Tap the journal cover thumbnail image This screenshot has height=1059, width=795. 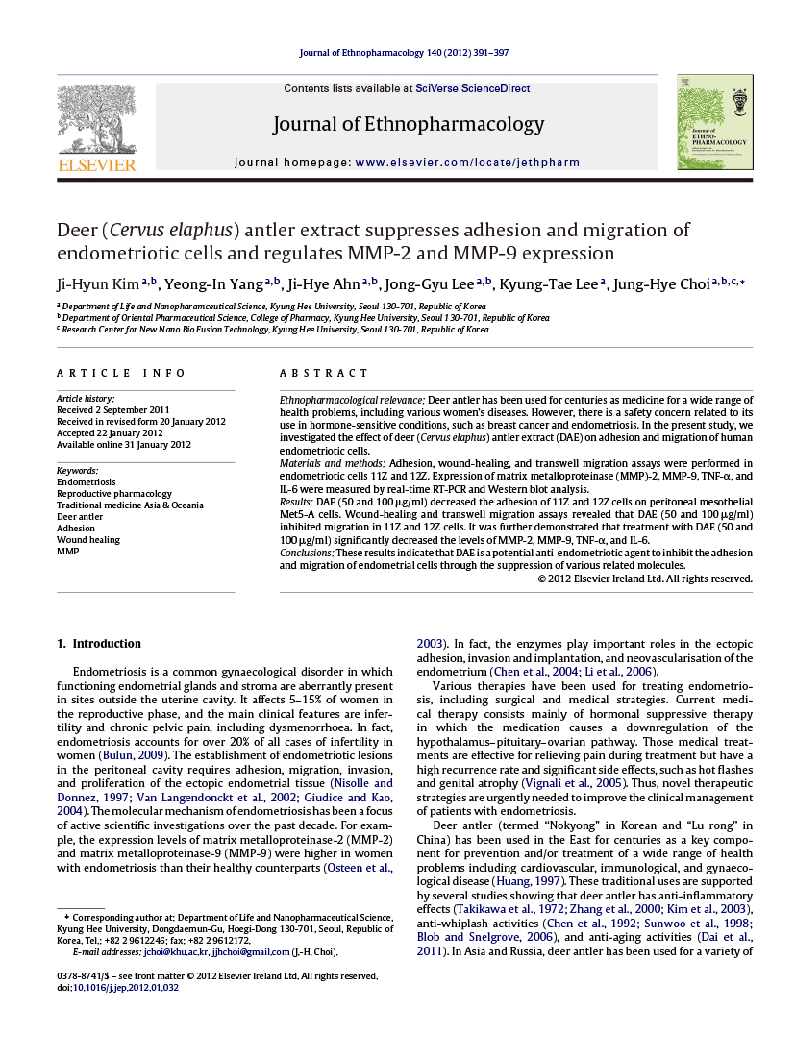point(714,122)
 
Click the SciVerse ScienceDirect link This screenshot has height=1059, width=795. point(472,88)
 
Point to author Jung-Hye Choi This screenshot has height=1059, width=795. point(667,283)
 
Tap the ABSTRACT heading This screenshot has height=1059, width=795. point(324,373)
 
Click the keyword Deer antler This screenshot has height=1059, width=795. point(80,516)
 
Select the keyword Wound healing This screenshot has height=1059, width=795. point(88,539)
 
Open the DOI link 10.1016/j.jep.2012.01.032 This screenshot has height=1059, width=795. point(126,987)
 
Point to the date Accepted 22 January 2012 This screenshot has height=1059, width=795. point(110,432)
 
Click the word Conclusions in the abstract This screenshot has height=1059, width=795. point(306,554)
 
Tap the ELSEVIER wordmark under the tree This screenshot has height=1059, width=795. point(96,164)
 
